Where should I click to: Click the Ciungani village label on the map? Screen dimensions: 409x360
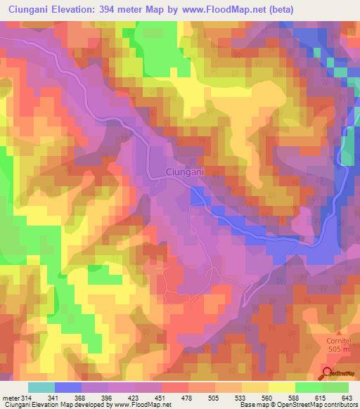(186, 172)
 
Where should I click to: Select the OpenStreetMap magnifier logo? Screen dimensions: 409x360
(329, 374)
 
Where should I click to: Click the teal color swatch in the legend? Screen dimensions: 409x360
(41, 388)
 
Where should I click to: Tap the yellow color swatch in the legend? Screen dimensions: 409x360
(282, 388)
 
